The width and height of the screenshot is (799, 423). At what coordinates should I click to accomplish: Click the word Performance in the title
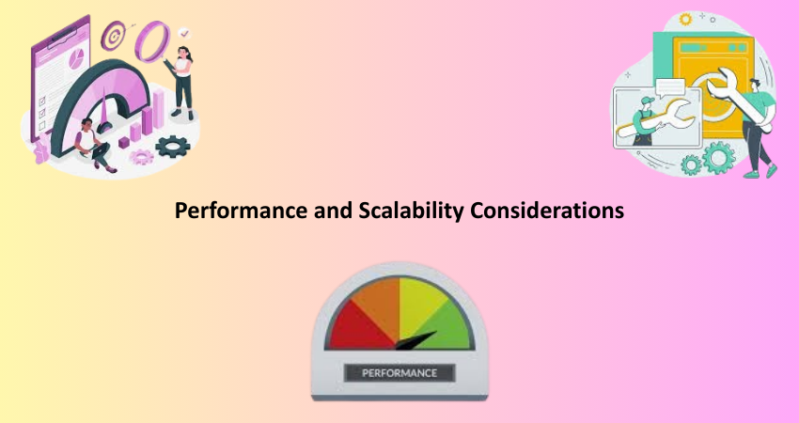241,211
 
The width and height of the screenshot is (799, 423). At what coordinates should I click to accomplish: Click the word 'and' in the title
333,210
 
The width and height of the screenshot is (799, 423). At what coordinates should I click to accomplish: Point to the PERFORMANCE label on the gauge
399,373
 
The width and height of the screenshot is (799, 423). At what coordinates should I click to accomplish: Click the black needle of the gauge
415,341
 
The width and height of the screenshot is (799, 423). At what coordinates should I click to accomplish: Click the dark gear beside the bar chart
173,147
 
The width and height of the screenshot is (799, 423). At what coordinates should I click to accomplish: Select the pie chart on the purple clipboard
76,59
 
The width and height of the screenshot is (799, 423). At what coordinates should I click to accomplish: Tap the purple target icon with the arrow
113,36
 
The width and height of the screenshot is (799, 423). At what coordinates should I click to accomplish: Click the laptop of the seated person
101,151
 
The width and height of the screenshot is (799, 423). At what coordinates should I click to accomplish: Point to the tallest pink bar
159,108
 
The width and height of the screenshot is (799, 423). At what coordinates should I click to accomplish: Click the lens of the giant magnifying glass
152,41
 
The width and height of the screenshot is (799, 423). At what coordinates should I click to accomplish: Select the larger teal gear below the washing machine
718,158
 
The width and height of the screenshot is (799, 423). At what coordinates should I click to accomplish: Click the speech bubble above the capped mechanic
670,88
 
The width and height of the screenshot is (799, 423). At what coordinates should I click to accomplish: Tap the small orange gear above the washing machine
686,20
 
